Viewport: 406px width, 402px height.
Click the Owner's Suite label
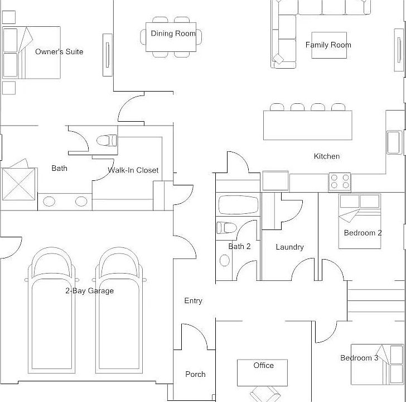click(x=59, y=52)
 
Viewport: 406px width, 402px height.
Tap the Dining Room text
click(x=173, y=33)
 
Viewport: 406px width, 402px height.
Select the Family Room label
click(x=328, y=45)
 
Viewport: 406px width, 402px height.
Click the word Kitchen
click(x=326, y=156)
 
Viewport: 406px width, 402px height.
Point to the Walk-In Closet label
click(x=133, y=170)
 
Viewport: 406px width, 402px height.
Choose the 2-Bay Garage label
click(x=89, y=290)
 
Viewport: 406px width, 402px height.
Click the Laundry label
click(x=289, y=247)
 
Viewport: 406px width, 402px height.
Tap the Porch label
click(x=195, y=374)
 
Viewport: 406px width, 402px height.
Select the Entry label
click(x=193, y=301)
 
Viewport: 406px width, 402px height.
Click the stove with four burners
click(x=340, y=182)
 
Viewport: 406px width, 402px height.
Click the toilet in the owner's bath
click(x=107, y=140)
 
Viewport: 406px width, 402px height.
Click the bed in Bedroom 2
click(x=360, y=221)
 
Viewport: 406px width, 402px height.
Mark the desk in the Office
click(x=263, y=372)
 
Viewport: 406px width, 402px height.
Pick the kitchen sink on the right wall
click(x=394, y=142)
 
